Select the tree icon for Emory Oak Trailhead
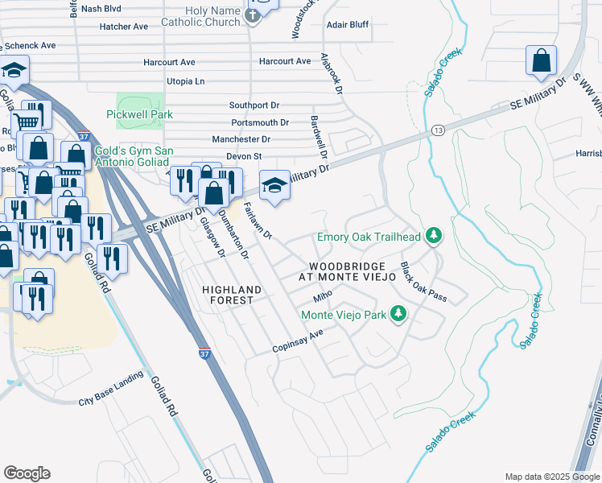(x=434, y=236)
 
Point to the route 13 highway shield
(x=437, y=130)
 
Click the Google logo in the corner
(x=27, y=473)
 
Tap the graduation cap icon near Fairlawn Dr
(x=274, y=185)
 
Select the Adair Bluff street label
(x=347, y=25)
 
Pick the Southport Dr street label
(x=254, y=105)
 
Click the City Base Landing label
(x=110, y=400)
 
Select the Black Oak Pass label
(x=423, y=283)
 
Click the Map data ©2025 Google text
(x=550, y=477)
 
